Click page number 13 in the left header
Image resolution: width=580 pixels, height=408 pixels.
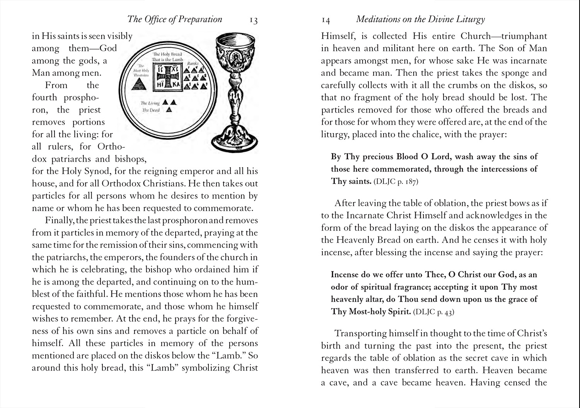click(x=253, y=20)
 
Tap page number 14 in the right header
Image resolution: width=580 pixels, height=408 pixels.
click(x=326, y=20)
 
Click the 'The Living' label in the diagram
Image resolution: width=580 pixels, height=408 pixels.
click(x=150, y=103)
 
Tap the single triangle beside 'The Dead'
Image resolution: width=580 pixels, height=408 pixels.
click(x=169, y=110)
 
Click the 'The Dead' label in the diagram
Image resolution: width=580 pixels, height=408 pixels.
click(x=151, y=110)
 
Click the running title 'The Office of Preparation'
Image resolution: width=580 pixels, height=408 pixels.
click(x=175, y=19)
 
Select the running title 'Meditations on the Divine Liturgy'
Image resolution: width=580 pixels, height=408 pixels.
click(x=420, y=19)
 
